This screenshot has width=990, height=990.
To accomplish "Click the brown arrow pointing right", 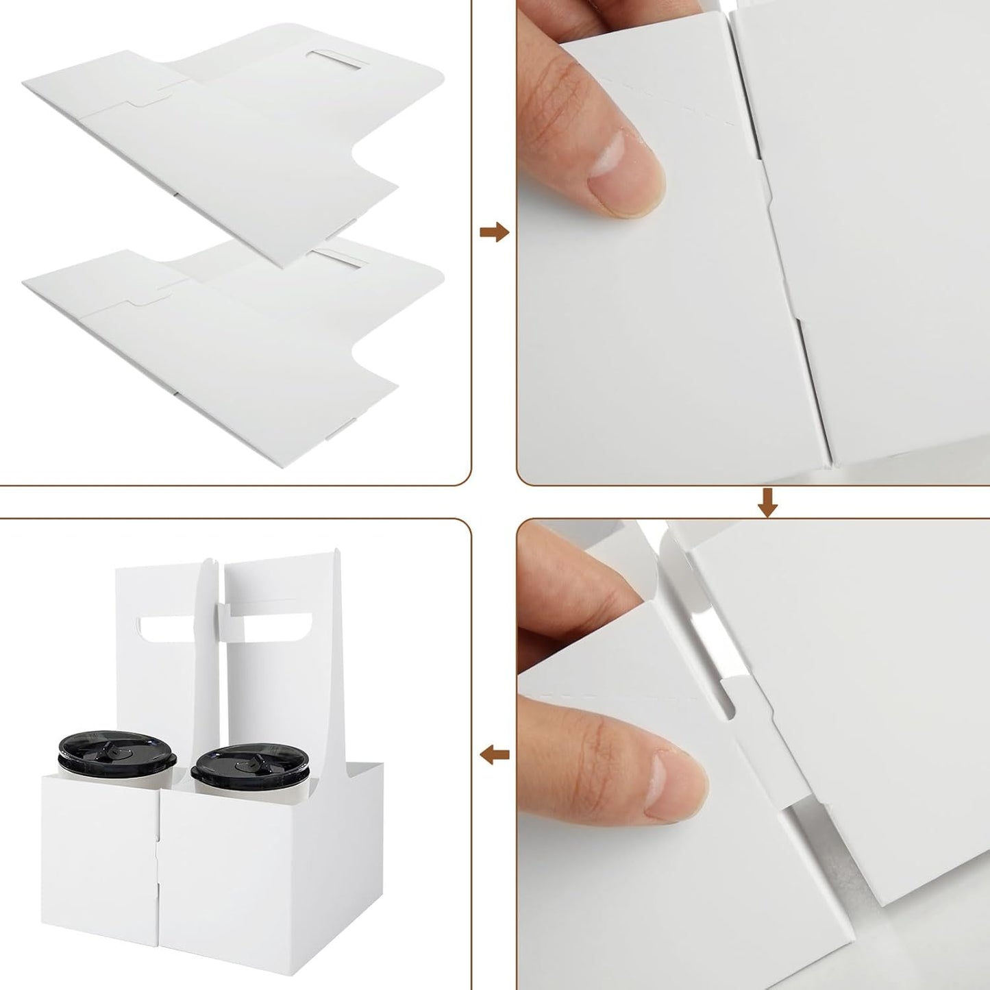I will click(x=493, y=232).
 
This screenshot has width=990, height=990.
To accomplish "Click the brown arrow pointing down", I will click(x=767, y=502).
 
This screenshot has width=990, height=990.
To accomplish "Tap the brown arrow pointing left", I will click(x=494, y=756).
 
